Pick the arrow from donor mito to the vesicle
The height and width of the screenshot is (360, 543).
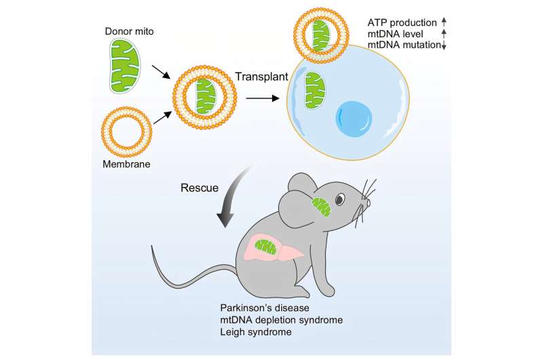click(161, 71)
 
